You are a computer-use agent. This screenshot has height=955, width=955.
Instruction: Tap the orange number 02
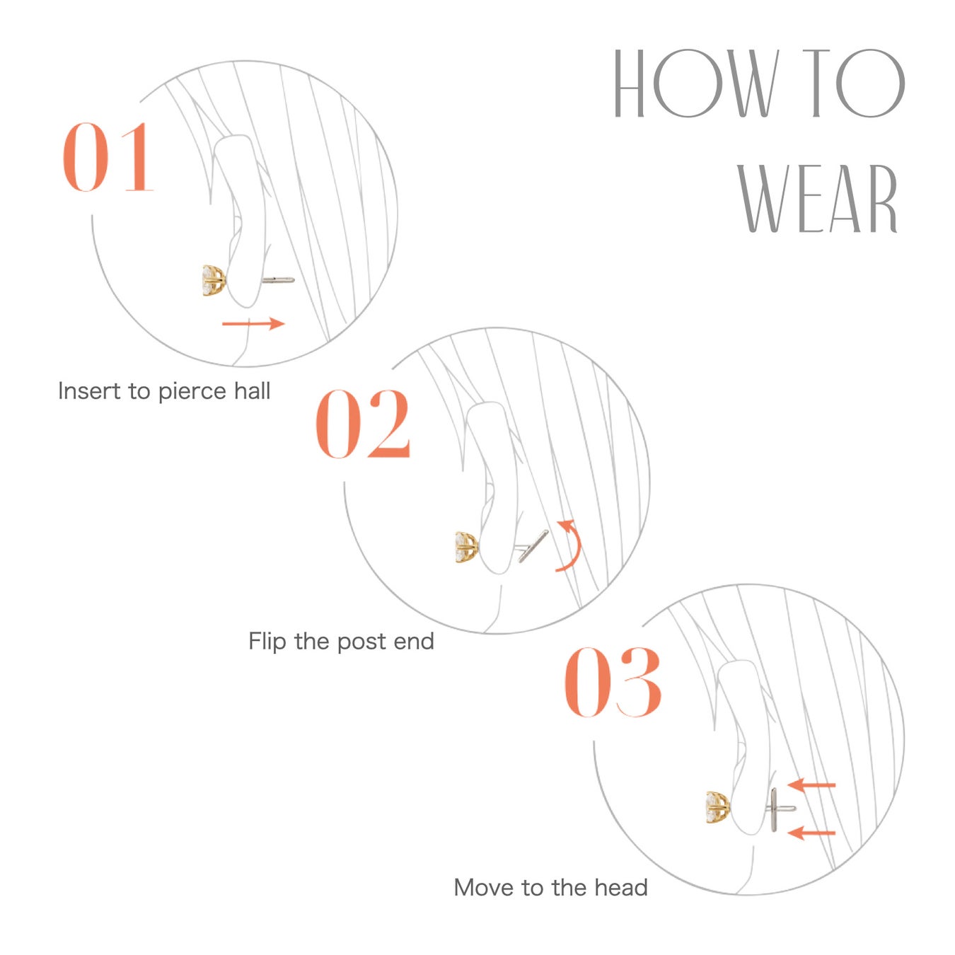click(x=363, y=424)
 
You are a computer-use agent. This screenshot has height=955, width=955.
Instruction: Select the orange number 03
click(x=613, y=683)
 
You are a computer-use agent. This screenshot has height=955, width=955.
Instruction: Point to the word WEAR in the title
click(x=818, y=198)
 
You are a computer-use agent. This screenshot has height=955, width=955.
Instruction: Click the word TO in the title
click(x=854, y=83)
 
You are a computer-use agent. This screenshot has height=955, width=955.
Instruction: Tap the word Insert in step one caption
click(x=89, y=391)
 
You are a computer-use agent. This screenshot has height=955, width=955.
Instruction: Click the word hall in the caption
click(x=253, y=390)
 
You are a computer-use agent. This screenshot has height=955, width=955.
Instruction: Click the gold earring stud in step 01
click(x=214, y=281)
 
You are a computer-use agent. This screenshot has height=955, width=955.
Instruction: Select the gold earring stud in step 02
click(x=466, y=547)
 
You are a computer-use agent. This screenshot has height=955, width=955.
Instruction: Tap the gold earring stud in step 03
click(x=717, y=808)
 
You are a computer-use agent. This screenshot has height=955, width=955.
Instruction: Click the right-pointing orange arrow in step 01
click(x=253, y=323)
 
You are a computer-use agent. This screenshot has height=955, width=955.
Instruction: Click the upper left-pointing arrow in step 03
click(x=811, y=785)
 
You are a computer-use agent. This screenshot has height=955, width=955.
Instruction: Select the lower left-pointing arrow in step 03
click(x=811, y=833)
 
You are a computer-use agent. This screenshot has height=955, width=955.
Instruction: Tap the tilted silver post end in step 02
click(x=533, y=546)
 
